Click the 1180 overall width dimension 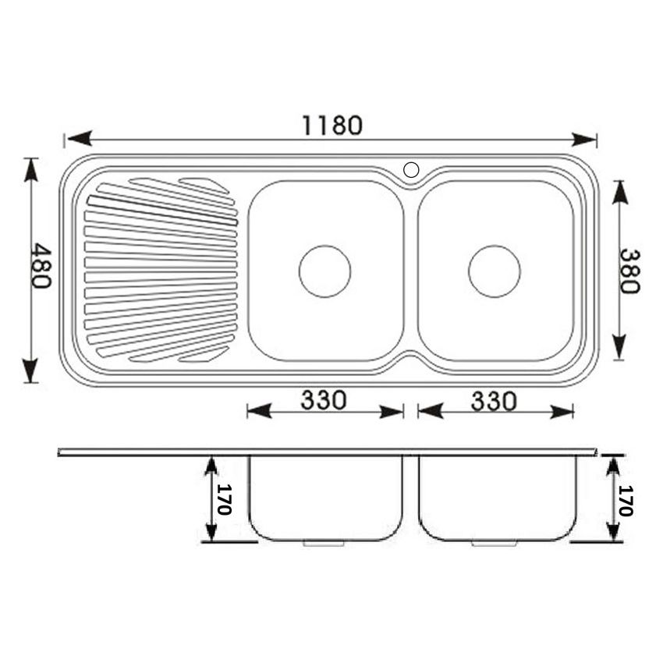pyautogui.click(x=332, y=125)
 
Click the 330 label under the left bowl pyautogui.click(x=324, y=401)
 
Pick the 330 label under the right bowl pyautogui.click(x=494, y=401)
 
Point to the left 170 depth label pyautogui.click(x=224, y=499)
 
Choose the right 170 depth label pyautogui.click(x=626, y=500)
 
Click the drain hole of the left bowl pyautogui.click(x=324, y=271)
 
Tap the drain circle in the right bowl pyautogui.click(x=494, y=271)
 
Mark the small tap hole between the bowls pyautogui.click(x=410, y=168)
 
